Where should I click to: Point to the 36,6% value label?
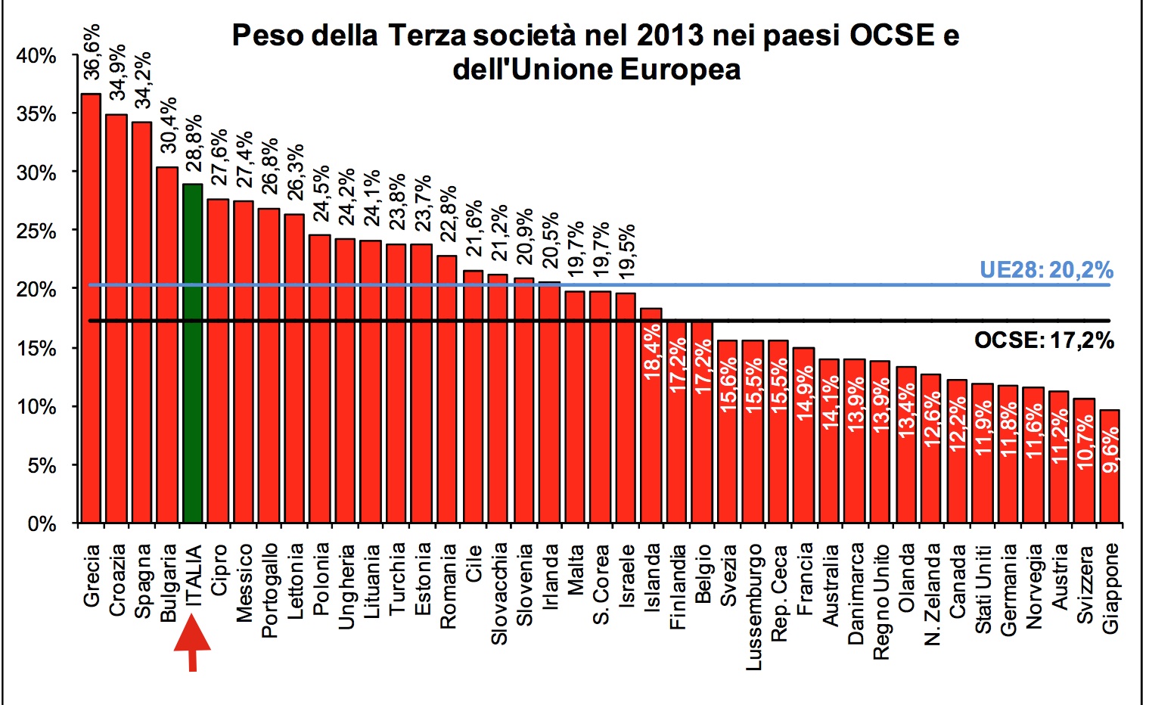pos(92,52)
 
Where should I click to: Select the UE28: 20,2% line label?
pos(1046,270)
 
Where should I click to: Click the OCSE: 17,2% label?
pos(1044,340)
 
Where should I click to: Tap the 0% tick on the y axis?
pos(42,523)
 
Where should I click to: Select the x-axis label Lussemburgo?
pos(754,606)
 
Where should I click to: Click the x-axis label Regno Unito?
pos(880,601)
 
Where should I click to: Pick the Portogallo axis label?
pos(269,590)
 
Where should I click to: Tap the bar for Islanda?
pos(651,415)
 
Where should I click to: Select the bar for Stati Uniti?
pos(982,453)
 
